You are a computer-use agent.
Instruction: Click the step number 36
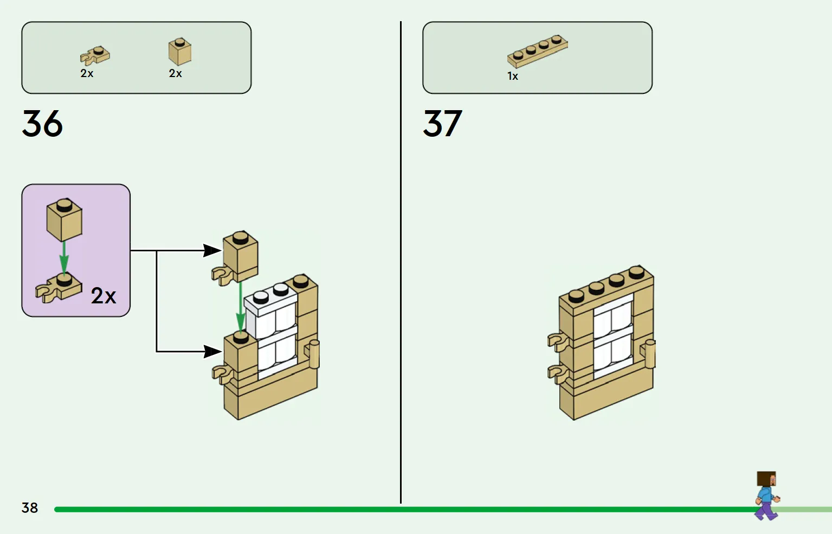click(42, 124)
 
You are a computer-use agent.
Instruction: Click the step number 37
click(442, 124)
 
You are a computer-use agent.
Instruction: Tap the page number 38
click(30, 508)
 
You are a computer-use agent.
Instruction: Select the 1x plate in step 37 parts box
click(537, 51)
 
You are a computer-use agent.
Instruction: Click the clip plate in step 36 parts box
click(94, 55)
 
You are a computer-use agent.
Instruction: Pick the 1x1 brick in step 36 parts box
click(180, 52)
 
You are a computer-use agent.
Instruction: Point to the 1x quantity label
click(513, 77)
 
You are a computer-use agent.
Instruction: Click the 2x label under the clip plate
click(87, 73)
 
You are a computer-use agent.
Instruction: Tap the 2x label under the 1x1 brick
click(175, 73)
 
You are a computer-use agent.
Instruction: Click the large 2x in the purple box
click(104, 296)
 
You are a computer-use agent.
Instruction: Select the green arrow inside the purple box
click(64, 257)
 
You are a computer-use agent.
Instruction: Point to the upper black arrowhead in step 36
click(212, 250)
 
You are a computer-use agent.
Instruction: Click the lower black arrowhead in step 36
click(212, 352)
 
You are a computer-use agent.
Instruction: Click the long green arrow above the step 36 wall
click(240, 307)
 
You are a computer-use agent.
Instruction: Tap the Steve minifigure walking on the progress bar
click(766, 495)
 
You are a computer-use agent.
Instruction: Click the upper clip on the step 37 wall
click(557, 341)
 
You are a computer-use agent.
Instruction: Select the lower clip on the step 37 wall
click(557, 372)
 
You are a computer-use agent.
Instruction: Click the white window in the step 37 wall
click(613, 336)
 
